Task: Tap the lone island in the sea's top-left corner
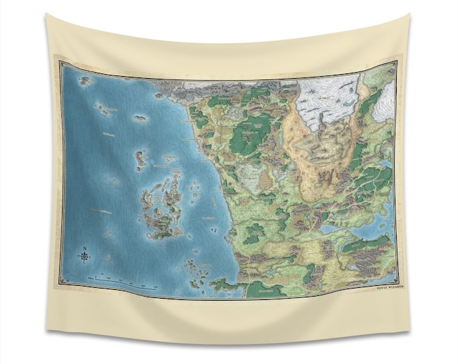pyautogui.click(x=86, y=80)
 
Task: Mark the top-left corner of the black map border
pyautogui.click(x=60, y=62)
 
